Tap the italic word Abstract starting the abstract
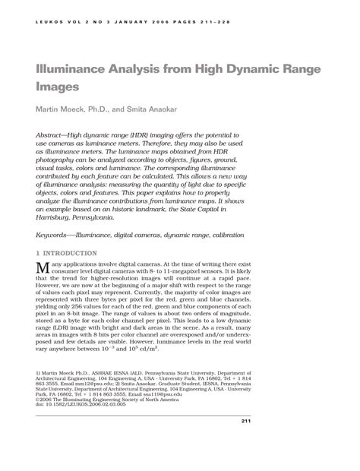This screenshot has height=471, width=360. [x=52, y=134]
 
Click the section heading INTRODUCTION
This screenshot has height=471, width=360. [x=70, y=253]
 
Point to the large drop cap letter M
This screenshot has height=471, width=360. [x=43, y=268]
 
